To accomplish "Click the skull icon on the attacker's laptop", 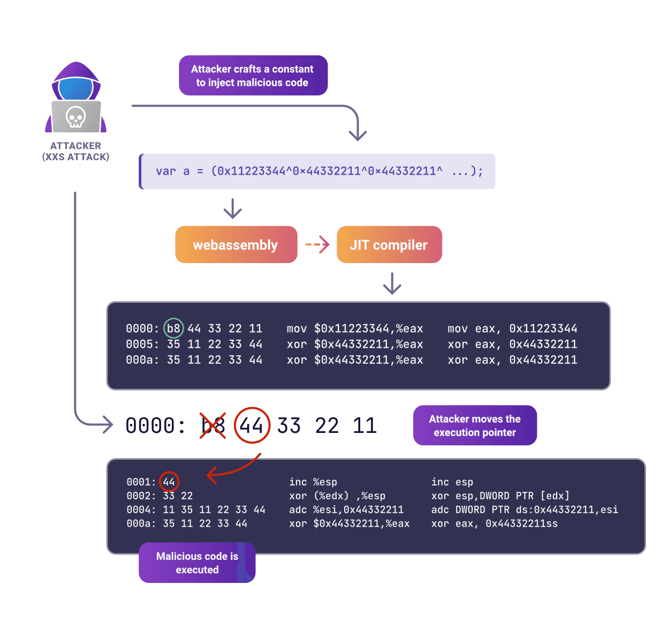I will coord(75,117).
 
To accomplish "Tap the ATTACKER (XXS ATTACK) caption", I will coord(75,151).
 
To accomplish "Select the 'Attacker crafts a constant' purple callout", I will coord(253,76).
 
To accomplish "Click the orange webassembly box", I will coord(236,245).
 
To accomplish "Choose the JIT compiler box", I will coord(389,245).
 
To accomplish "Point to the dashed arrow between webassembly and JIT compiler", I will coord(317,245).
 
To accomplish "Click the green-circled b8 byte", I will coord(173,328).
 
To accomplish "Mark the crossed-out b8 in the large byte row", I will coord(212,426).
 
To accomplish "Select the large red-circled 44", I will coord(252,426).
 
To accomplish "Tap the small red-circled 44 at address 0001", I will coord(169,482).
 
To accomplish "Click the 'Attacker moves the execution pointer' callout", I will coord(475,425).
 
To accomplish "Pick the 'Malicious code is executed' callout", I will coord(197,563).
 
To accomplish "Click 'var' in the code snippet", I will coord(166,171).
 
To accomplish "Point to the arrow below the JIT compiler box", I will coord(392,283).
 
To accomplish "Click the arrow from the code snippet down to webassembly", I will coord(232,208).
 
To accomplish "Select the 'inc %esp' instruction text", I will coord(313,482).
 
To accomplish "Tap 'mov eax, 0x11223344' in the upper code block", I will coord(512,328).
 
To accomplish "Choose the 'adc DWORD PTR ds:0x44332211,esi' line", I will coord(525,510).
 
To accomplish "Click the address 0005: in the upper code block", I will coord(142,344).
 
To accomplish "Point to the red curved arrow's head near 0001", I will coord(210,474).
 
